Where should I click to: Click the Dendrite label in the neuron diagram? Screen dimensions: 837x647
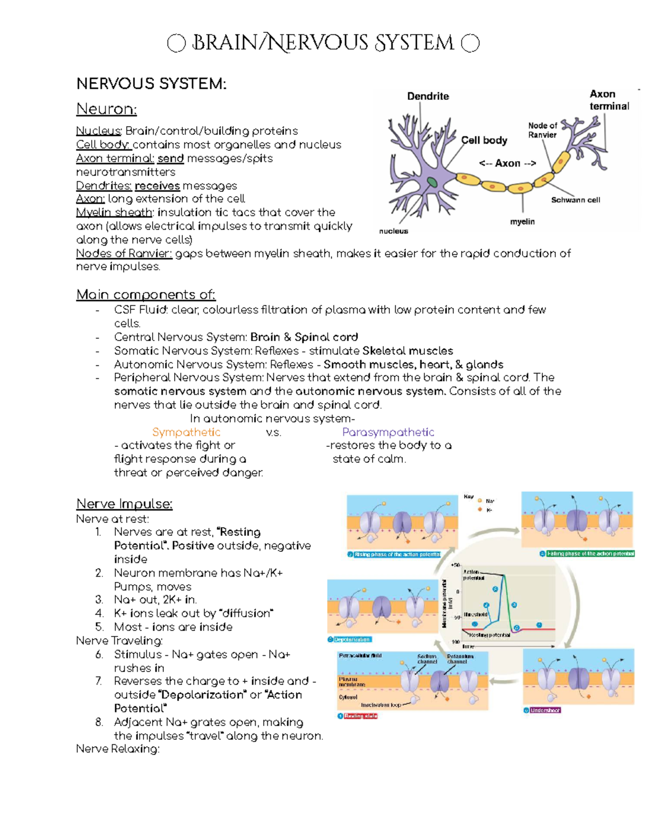428,96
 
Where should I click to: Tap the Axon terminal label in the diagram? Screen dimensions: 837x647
609,100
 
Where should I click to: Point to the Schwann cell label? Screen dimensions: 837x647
575,200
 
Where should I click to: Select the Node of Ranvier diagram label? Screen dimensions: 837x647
542,130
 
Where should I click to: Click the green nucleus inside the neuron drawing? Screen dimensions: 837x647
433,182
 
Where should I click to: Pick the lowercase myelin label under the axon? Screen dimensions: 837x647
522,222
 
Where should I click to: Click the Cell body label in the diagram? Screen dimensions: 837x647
484,140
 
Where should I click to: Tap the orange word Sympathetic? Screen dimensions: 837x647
186,432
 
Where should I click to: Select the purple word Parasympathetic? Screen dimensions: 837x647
388,432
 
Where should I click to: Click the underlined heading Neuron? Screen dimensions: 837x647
106,109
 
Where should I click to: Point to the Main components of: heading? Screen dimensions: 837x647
146,295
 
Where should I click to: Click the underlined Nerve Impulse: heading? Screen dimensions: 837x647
124,504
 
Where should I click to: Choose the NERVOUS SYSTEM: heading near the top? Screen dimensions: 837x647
151,84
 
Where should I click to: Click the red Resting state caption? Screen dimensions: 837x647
361,716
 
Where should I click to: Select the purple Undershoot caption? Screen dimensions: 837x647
545,710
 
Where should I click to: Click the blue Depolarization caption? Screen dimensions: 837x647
352,640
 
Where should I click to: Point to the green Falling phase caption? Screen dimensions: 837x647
590,554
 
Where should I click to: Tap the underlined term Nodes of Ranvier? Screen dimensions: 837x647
124,253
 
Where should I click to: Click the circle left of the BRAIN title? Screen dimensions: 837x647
176,43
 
